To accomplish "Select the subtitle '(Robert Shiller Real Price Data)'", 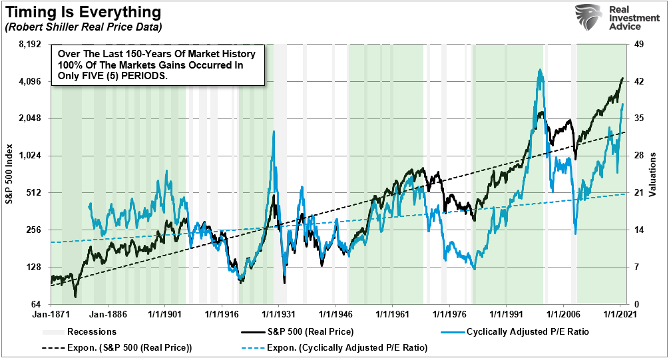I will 83,27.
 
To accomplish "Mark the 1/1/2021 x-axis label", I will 620,311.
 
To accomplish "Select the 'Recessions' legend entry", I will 93,331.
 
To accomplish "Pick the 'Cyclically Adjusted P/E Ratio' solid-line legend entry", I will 527,331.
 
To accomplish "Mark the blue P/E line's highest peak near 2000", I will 539,69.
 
